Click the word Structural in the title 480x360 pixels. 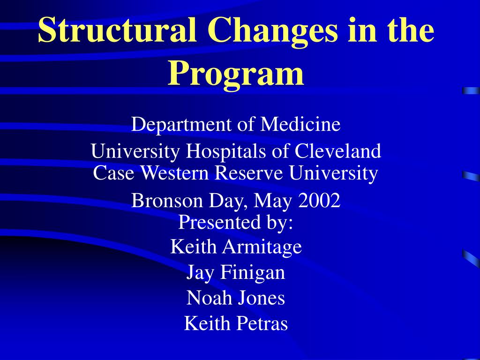(x=117, y=30)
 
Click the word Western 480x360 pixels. (x=175, y=172)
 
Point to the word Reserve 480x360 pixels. (x=248, y=172)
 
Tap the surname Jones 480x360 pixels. (x=261, y=298)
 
